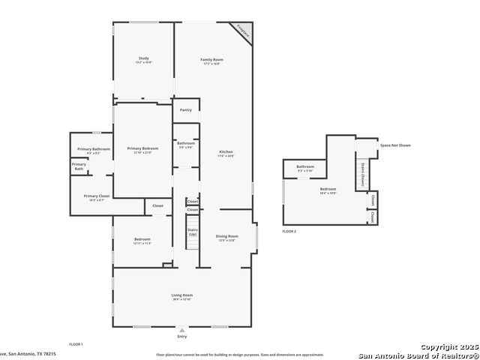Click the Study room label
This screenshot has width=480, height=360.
(x=143, y=59)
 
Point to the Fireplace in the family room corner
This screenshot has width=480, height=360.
(x=242, y=31)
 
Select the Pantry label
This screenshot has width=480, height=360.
(x=185, y=110)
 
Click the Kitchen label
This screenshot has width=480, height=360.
(x=226, y=153)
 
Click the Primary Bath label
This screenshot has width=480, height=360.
(x=79, y=166)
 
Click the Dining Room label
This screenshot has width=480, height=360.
(x=226, y=237)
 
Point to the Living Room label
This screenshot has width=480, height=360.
(x=182, y=296)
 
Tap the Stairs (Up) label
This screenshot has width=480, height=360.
(x=193, y=232)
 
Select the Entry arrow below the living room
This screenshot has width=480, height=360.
(x=181, y=329)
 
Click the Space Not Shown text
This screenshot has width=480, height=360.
(x=395, y=145)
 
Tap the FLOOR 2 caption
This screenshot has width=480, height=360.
(x=289, y=232)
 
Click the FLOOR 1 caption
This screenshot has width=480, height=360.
(x=75, y=343)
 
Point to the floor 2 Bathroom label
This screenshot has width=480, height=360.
(x=305, y=167)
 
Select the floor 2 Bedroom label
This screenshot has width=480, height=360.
(x=328, y=190)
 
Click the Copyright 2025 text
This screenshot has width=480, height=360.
(x=448, y=347)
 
